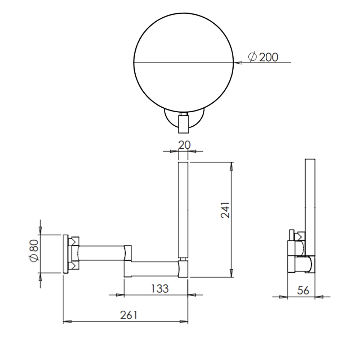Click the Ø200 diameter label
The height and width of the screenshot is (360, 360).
tap(263, 57)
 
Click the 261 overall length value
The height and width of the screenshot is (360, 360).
tap(128, 315)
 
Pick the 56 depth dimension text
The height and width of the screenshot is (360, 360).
tap(303, 291)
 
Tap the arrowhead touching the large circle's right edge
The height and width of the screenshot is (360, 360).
tap(238, 63)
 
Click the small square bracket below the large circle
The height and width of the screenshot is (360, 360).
tap(184, 122)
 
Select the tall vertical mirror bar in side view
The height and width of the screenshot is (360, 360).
tap(183, 209)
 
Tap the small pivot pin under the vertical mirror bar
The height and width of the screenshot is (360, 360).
tap(183, 258)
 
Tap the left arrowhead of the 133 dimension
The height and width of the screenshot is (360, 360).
tap(120, 295)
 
